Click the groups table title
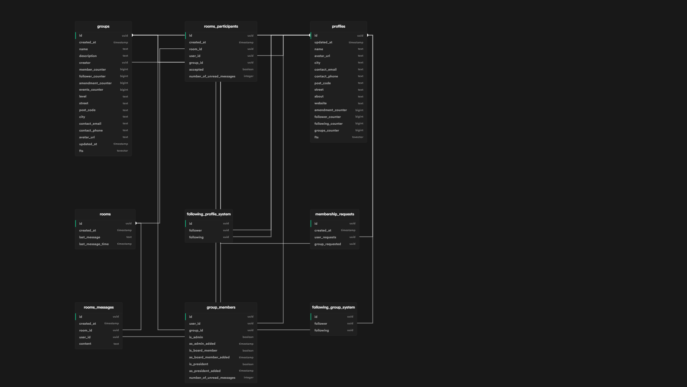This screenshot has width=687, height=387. [x=103, y=27]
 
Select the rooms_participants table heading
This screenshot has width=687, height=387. [x=221, y=27]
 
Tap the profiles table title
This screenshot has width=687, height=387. [x=338, y=27]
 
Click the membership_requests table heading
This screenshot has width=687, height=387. [x=335, y=214]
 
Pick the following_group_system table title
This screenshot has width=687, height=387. [x=333, y=307]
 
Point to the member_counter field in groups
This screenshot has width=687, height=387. [x=92, y=70]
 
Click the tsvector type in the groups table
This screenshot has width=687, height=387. [x=122, y=151]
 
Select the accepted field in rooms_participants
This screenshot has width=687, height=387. [x=196, y=70]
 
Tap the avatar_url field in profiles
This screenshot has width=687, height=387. [x=322, y=56]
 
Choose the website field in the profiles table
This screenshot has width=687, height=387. [x=320, y=103]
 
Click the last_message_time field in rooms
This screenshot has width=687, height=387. [x=94, y=244]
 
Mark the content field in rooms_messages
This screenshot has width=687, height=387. [x=85, y=344]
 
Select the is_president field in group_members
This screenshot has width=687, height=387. [x=199, y=364]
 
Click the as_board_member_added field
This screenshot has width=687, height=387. [x=209, y=357]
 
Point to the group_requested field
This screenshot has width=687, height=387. [x=327, y=244]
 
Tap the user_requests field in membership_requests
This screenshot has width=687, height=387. [x=325, y=237]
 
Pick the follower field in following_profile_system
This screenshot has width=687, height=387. [x=195, y=230]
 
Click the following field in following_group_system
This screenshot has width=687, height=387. [x=321, y=330]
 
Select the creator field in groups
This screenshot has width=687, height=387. [x=85, y=63]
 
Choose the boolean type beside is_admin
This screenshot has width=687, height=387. [x=248, y=337]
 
